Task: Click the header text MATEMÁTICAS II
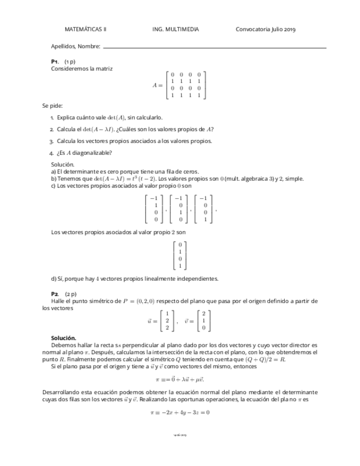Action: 85,30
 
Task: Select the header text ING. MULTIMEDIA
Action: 175,30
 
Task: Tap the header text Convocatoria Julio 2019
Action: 265,30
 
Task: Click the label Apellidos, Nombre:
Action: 75,47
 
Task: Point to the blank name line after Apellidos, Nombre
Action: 214,48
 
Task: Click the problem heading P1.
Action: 54,62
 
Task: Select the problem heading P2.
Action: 54,294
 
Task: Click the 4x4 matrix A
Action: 186,85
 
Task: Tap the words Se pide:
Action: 52,106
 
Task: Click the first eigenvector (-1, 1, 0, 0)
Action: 154,209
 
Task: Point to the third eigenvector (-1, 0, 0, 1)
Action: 204,209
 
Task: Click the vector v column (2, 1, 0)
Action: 203,321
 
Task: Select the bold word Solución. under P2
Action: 64,338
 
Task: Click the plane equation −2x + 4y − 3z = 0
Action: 180,412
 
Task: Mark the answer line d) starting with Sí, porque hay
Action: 135,279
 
